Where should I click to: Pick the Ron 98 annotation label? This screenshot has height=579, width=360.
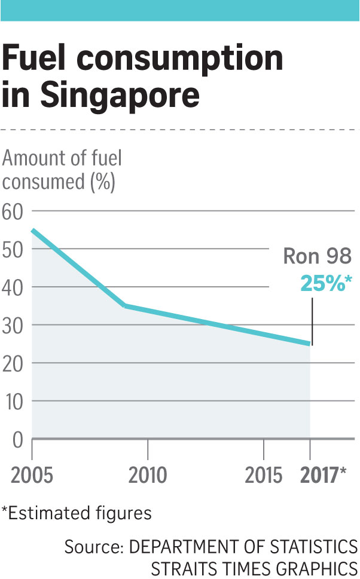317,257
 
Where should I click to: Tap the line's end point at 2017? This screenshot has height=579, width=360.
310,344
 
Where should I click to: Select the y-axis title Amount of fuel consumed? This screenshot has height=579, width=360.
62,170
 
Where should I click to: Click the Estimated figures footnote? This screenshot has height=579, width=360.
77,513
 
